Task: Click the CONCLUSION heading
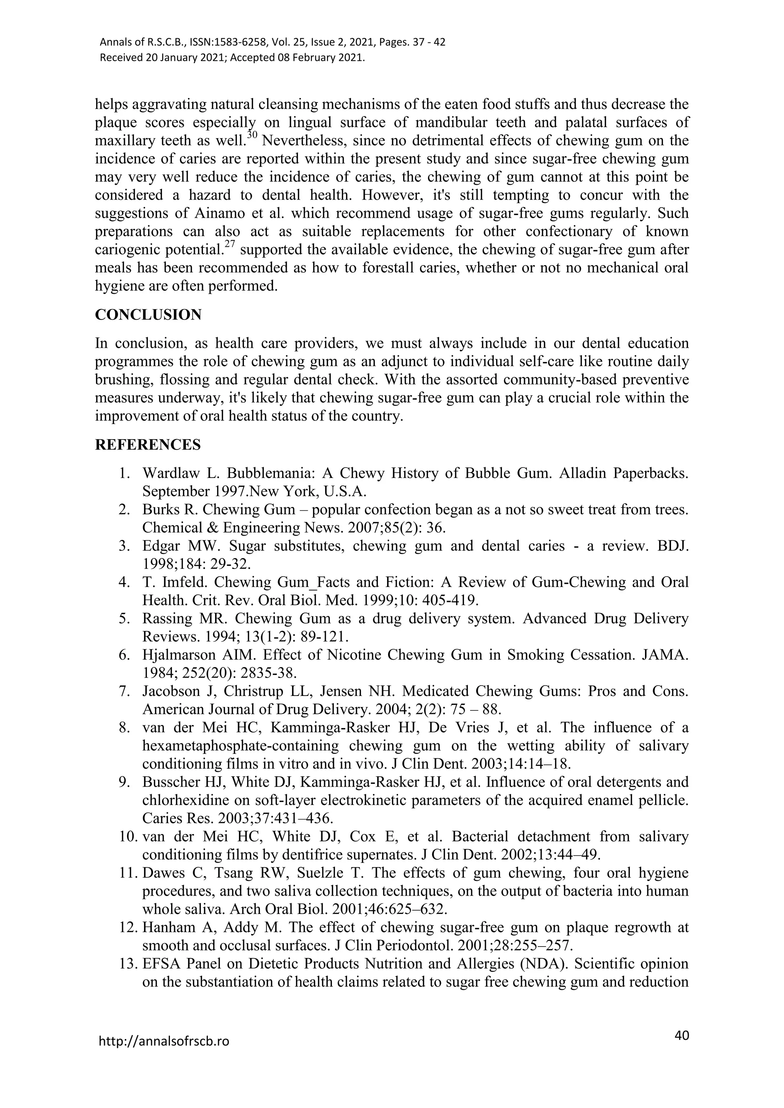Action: (148, 314)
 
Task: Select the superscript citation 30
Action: (252, 135)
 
